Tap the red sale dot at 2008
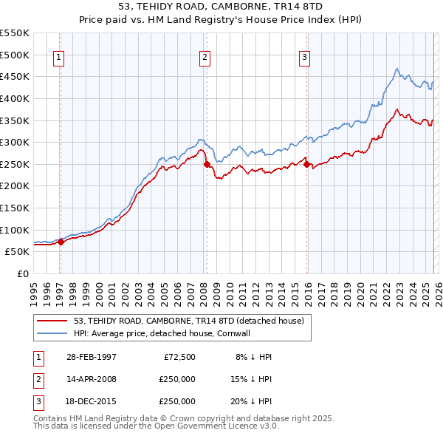click(x=207, y=164)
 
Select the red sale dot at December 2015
click(x=307, y=164)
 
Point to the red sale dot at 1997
click(x=61, y=242)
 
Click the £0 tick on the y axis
click(x=22, y=273)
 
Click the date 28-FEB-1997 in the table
click(x=91, y=356)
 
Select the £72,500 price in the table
click(x=177, y=356)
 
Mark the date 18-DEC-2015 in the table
click(x=91, y=401)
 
